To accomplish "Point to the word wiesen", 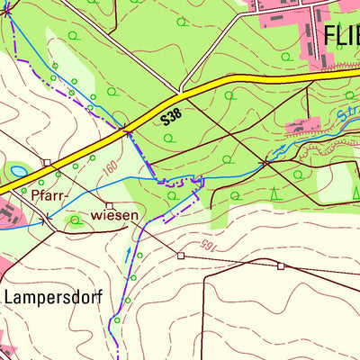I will [x=114, y=215].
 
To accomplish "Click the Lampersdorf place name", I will [x=54, y=296].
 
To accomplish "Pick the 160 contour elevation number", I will [x=111, y=166].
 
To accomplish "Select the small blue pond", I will [x=18, y=169].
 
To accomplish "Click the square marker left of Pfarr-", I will [x=48, y=162].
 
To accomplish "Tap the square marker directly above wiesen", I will [x=110, y=205].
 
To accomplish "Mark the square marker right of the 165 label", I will [x=281, y=265].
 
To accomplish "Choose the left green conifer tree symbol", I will [x=275, y=193].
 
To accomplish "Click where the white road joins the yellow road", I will [x=181, y=91].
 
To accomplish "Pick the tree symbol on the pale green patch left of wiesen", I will [x=74, y=219].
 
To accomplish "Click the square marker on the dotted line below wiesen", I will [x=180, y=256].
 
